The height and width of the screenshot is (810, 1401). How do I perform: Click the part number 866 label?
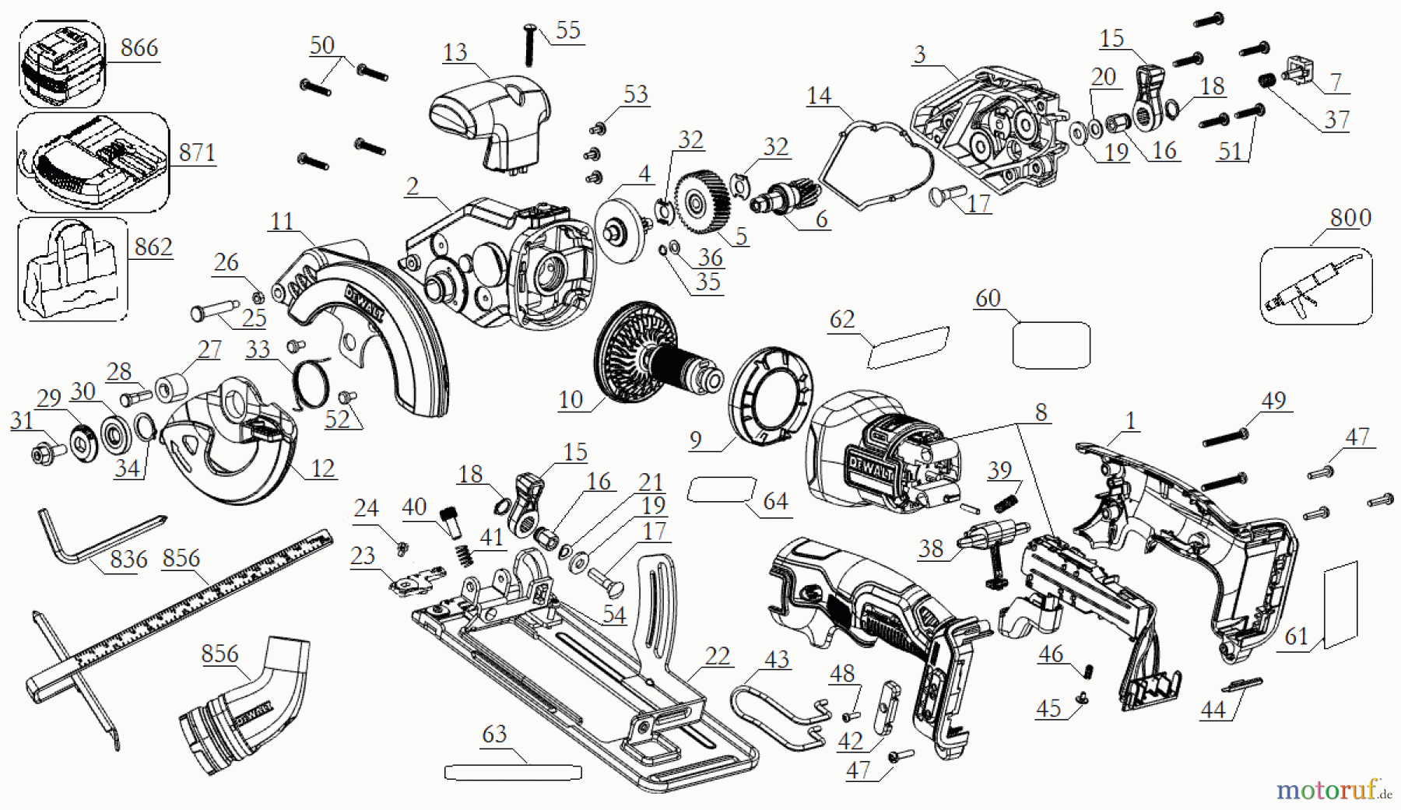[x=139, y=48]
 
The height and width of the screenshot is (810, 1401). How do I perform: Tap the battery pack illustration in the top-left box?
[x=61, y=65]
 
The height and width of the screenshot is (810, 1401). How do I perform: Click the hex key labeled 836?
[x=86, y=538]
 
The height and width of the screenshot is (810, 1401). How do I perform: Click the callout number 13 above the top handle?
[x=455, y=53]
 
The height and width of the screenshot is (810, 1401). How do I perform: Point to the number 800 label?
[x=1350, y=218]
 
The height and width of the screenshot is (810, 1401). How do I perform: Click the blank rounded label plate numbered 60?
[x=1051, y=345]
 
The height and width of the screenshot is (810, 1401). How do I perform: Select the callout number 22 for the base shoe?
[x=717, y=657]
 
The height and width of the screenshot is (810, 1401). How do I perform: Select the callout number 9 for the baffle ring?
[x=695, y=440]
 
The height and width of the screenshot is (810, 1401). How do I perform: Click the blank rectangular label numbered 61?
[x=1340, y=605]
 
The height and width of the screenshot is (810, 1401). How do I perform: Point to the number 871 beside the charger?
[x=197, y=153]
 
